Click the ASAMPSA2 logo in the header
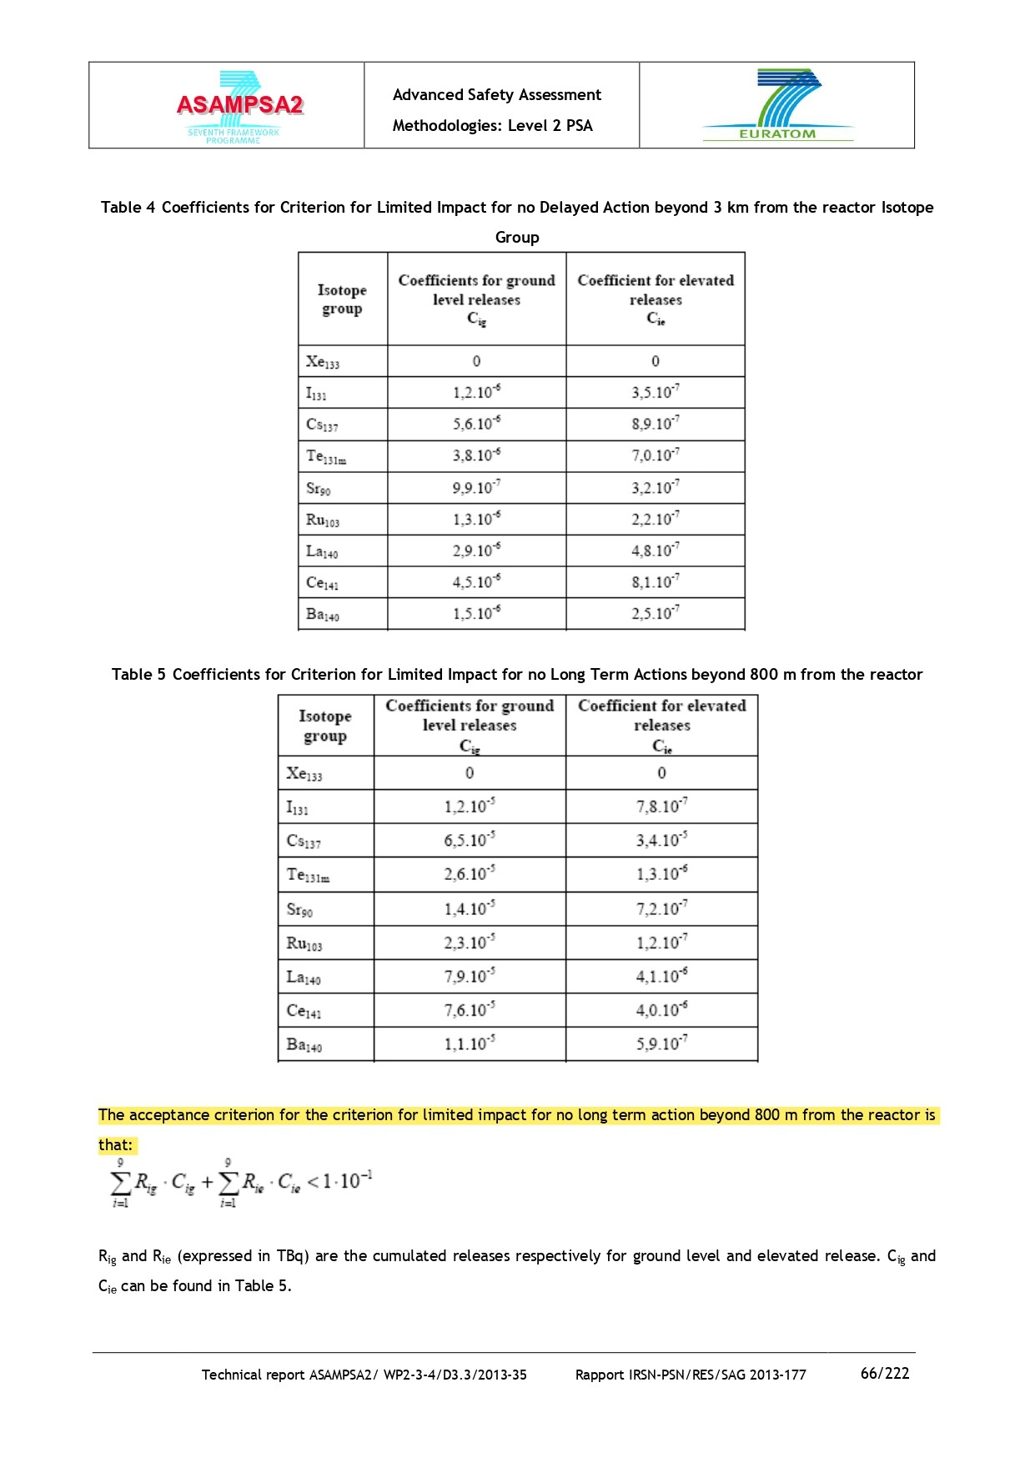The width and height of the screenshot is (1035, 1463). click(x=239, y=107)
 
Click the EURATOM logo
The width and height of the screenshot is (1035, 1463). click(x=777, y=105)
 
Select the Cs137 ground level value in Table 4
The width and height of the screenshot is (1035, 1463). click(x=476, y=424)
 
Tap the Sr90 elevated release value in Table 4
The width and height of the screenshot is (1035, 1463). click(x=655, y=487)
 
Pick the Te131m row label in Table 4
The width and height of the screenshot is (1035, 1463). click(x=325, y=456)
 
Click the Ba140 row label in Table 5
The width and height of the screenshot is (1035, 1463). click(x=304, y=1044)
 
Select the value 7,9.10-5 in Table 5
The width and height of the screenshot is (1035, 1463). click(x=469, y=976)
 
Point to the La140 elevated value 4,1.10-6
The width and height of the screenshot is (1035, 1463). click(x=661, y=976)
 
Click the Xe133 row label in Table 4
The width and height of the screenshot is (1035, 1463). click(x=322, y=362)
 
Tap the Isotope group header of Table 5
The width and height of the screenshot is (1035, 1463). click(x=325, y=726)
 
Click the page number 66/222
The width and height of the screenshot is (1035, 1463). click(x=884, y=1373)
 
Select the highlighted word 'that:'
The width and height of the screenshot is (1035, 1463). click(x=115, y=1144)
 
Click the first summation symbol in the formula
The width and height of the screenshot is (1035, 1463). click(x=121, y=1183)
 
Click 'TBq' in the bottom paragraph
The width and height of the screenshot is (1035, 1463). click(x=290, y=1255)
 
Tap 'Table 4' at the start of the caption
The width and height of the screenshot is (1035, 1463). click(x=128, y=207)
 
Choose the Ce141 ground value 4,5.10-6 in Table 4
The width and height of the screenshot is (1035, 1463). click(x=476, y=582)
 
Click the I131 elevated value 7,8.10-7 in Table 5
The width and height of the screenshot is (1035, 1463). click(x=661, y=807)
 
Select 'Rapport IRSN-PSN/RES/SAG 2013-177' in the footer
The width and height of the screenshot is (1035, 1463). click(x=691, y=1375)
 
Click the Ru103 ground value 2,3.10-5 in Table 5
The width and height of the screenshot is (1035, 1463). click(x=469, y=943)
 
